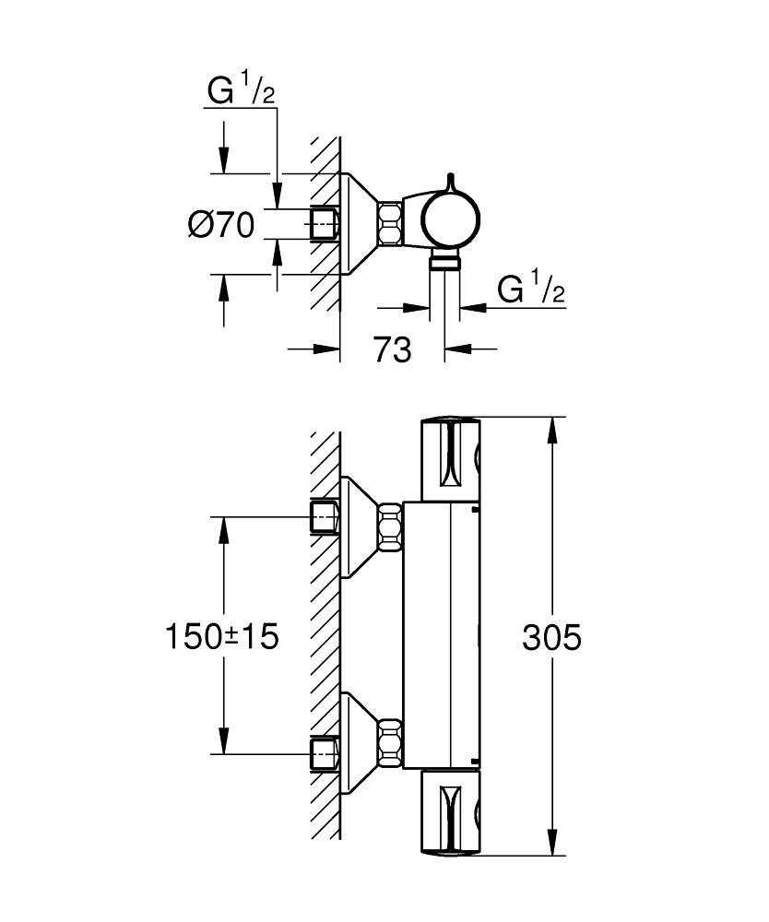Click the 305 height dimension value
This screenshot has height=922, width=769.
[x=551, y=636]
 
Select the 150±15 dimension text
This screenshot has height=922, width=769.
[x=221, y=636]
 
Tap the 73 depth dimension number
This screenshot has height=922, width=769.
[x=392, y=349]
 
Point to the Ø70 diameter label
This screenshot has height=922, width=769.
[x=221, y=225]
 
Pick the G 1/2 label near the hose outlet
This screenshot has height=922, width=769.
[x=529, y=290]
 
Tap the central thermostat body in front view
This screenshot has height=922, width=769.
[x=443, y=636]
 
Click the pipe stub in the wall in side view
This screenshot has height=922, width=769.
[x=325, y=224]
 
